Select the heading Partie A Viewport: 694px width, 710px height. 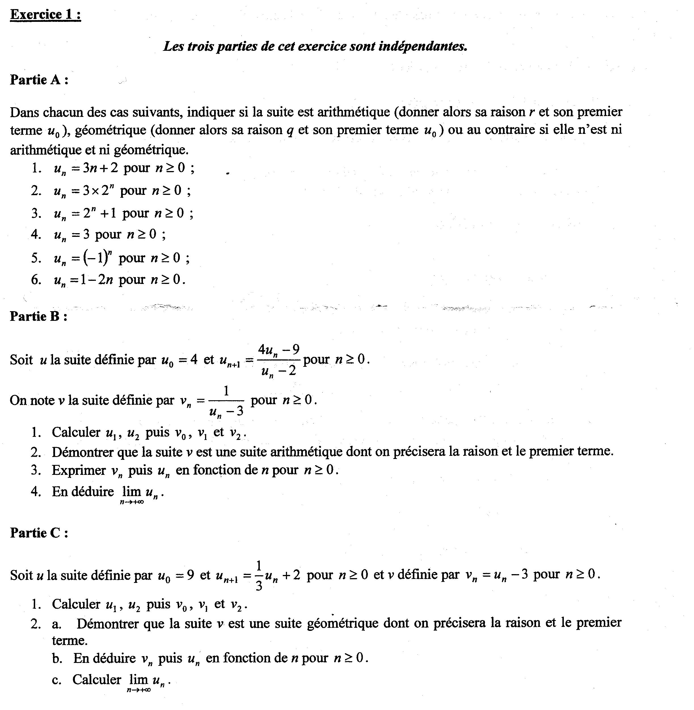click(39, 79)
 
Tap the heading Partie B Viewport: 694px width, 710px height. click(38, 316)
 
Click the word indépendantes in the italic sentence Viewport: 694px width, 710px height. click(423, 46)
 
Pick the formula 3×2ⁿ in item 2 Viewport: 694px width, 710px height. click(96, 190)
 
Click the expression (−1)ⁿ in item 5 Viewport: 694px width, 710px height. click(97, 257)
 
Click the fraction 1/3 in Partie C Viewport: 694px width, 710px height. click(258, 576)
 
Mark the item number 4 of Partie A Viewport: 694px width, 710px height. click(36, 234)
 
